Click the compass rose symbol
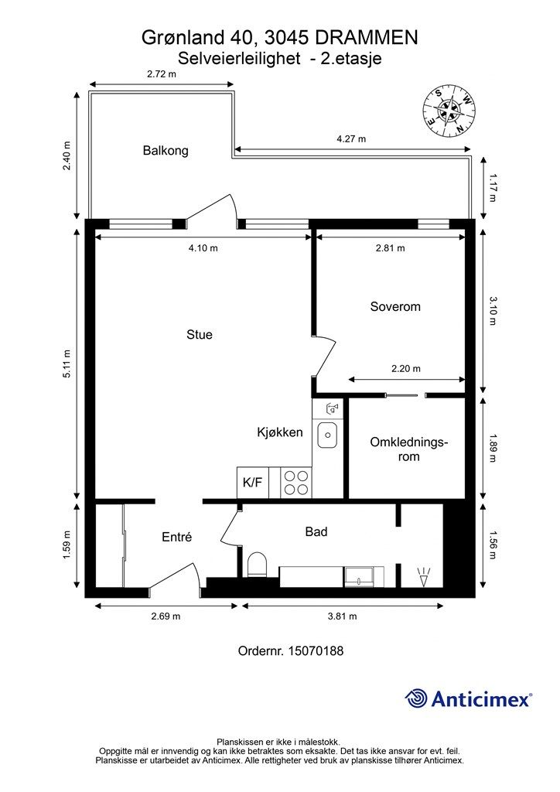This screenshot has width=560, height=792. point(449,109)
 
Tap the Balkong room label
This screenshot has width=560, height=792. point(165,151)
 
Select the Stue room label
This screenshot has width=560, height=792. point(199,335)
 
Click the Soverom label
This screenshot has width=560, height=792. point(395,307)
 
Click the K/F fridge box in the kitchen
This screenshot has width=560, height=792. point(253,483)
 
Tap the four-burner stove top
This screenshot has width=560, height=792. point(295,483)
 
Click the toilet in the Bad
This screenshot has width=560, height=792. point(258,565)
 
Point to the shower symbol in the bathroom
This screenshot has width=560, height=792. point(423,575)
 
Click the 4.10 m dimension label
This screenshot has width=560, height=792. point(203,248)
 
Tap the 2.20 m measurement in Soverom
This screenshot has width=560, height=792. point(406,369)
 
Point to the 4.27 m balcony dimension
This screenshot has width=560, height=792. point(351,139)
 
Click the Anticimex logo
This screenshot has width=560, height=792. point(469,698)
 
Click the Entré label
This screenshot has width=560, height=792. point(176,537)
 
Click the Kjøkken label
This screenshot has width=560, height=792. point(279,432)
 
